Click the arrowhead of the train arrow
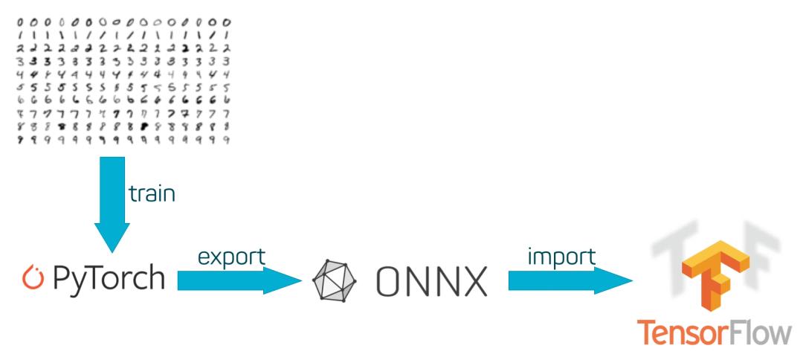pos(113,239)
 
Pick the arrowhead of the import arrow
pos(618,280)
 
